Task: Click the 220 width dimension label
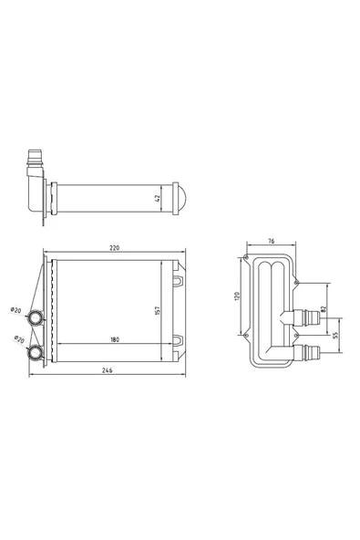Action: click(114, 247)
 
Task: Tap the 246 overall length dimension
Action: click(107, 370)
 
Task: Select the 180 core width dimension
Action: click(115, 339)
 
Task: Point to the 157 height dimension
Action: click(158, 311)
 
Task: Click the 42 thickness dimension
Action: click(158, 198)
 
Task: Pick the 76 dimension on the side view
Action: click(272, 241)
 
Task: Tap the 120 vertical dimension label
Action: click(237, 296)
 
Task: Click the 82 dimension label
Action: click(323, 309)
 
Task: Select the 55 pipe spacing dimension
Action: click(336, 335)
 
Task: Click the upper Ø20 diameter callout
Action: click(15, 310)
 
